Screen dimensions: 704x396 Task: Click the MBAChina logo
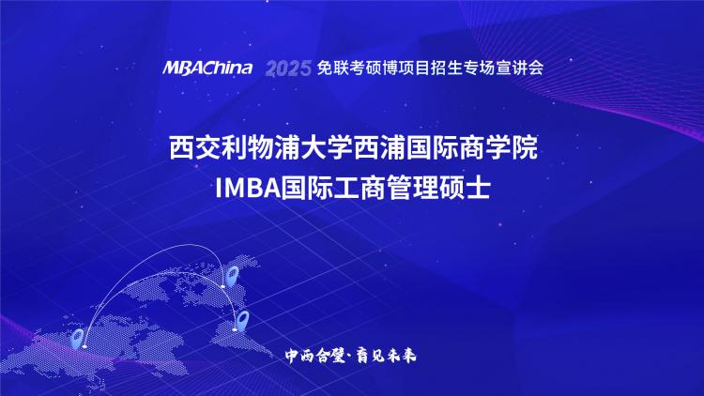point(207,68)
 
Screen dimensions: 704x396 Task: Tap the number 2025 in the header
point(288,69)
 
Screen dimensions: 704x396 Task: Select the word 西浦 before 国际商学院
point(380,147)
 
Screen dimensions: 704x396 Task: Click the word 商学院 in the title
point(498,147)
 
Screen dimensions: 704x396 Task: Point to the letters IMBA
point(248,188)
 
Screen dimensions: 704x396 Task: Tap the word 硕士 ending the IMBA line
point(463,188)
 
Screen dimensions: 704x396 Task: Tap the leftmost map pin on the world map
point(78,339)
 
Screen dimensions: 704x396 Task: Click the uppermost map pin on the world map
point(232,276)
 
